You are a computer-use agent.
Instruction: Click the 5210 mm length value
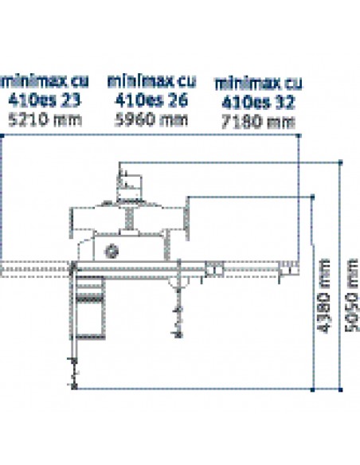click(x=45, y=120)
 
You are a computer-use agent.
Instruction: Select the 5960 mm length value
click(x=151, y=119)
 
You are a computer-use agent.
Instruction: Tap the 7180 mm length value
click(x=258, y=122)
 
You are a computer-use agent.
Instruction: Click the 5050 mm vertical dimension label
click(x=352, y=295)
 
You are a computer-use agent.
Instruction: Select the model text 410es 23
click(x=45, y=100)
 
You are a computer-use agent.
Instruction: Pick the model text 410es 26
click(x=151, y=100)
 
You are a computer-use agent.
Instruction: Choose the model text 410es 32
click(x=258, y=102)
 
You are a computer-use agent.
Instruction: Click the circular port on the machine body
click(x=112, y=252)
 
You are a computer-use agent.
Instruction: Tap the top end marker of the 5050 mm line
click(x=340, y=162)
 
